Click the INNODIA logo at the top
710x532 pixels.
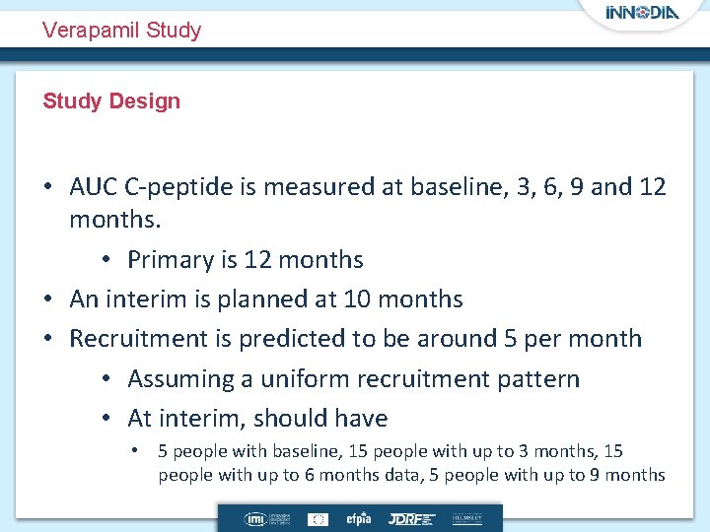coord(643,14)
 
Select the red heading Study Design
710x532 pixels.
coord(111,100)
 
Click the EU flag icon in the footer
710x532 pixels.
coord(319,518)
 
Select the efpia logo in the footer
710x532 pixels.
coord(356,518)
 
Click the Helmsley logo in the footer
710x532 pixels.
coord(467,518)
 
